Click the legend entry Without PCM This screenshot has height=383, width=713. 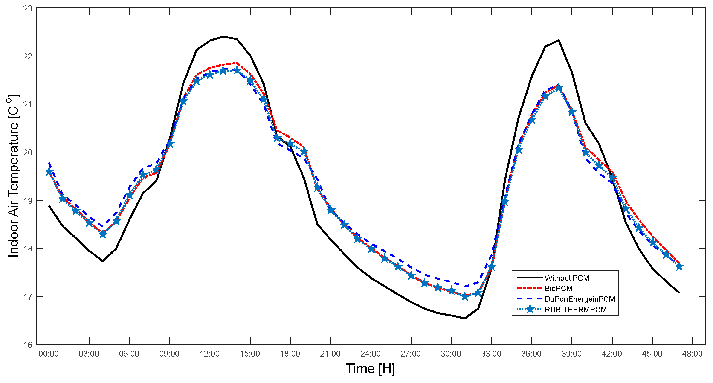pyautogui.click(x=567, y=278)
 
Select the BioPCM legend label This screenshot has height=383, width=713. pyautogui.click(x=559, y=289)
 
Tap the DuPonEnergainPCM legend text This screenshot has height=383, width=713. pyautogui.click(x=580, y=299)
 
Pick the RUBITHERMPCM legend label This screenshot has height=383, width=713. pyautogui.click(x=575, y=310)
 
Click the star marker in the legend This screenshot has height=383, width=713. pyautogui.click(x=530, y=309)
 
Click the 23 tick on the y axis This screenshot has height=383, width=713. pyautogui.click(x=28, y=9)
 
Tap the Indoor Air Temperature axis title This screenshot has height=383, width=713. pyautogui.click(x=13, y=176)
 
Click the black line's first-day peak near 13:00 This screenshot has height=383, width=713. pyautogui.click(x=223, y=37)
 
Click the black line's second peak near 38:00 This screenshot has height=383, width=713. pyautogui.click(x=559, y=40)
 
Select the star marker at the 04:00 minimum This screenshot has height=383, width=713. pyautogui.click(x=103, y=234)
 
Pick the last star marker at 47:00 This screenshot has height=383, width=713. pyautogui.click(x=679, y=267)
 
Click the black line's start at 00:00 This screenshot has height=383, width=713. pyautogui.click(x=49, y=206)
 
